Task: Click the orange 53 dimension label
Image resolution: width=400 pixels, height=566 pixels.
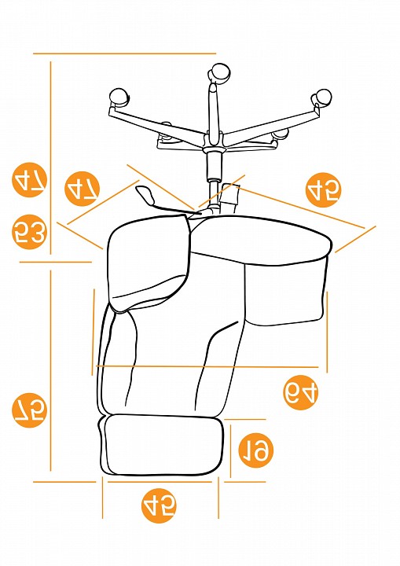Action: pyautogui.click(x=30, y=232)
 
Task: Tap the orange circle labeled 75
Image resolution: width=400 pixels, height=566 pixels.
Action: pyautogui.click(x=30, y=410)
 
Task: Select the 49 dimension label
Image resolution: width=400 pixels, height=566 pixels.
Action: pyautogui.click(x=301, y=392)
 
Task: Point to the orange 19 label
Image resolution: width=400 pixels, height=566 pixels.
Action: pyautogui.click(x=256, y=450)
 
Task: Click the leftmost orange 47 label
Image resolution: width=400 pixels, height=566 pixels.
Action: pyautogui.click(x=30, y=179)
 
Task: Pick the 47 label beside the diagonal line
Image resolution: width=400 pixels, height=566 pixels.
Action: pyautogui.click(x=82, y=189)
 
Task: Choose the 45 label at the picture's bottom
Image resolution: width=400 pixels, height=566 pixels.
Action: pyautogui.click(x=159, y=505)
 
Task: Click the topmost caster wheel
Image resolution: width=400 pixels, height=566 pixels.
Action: pyautogui.click(x=219, y=72)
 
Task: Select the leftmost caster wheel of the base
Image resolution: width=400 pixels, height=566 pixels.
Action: pyautogui.click(x=118, y=98)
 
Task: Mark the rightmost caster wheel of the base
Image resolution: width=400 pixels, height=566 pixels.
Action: pyautogui.click(x=321, y=97)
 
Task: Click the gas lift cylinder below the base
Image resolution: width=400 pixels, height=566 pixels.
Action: pyautogui.click(x=214, y=167)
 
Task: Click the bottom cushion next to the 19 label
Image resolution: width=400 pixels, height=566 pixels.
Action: pyautogui.click(x=161, y=445)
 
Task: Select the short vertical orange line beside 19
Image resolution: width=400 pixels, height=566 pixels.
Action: pyautogui.click(x=230, y=451)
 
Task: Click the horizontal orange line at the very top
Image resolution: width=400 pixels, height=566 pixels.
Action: pyautogui.click(x=124, y=53)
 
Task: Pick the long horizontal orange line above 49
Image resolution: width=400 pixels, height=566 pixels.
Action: pyautogui.click(x=207, y=367)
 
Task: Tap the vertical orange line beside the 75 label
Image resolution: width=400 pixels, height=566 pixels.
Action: pyautogui.click(x=50, y=371)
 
